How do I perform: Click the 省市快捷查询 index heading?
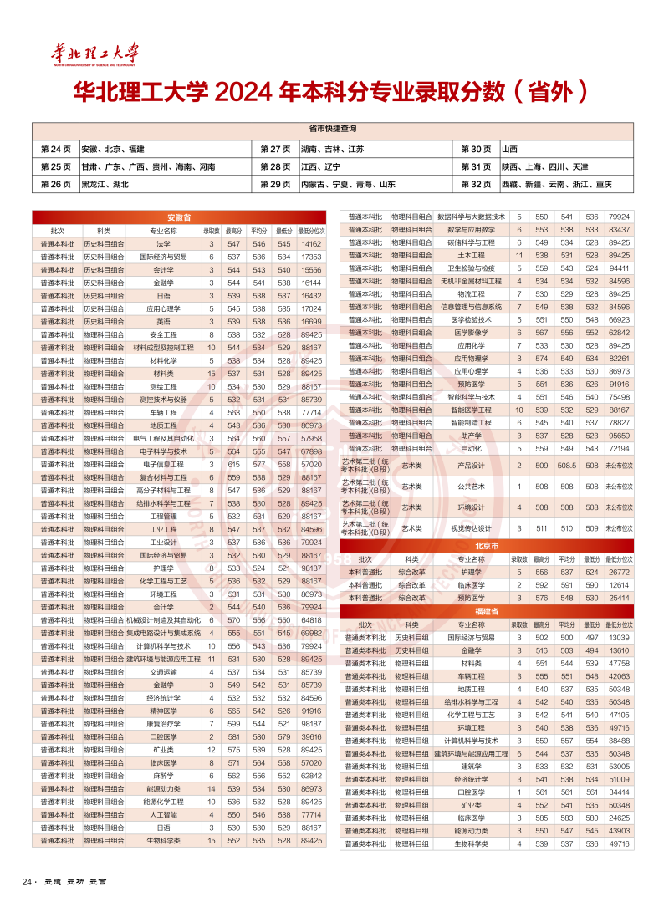[333, 130]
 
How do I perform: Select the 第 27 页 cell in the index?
[275, 149]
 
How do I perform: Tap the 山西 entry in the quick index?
[509, 149]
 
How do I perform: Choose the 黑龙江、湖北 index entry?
[105, 184]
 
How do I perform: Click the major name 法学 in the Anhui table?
[164, 243]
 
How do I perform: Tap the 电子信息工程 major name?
[164, 464]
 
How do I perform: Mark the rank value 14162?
[311, 243]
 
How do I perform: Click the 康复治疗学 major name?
[164, 724]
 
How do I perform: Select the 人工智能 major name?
[164, 815]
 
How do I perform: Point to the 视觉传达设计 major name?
[472, 528]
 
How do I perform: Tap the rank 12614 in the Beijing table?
[619, 585]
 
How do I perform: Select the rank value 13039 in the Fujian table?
[619, 638]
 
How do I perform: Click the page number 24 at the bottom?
[26, 882]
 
